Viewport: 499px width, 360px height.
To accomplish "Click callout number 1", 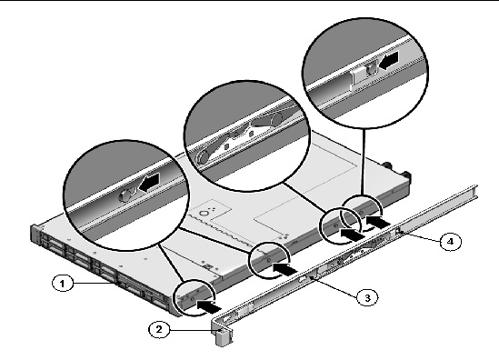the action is tap(63, 283).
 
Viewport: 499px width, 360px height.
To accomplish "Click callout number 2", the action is tap(159, 329).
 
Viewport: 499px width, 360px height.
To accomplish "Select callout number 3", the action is tap(367, 297).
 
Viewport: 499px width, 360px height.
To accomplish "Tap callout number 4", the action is tap(451, 242).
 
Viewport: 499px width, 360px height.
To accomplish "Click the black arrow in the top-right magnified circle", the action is tap(388, 61).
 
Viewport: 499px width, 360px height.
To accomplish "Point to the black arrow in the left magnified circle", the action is tap(149, 184).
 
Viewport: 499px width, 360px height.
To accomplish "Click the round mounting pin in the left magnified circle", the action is tap(125, 195).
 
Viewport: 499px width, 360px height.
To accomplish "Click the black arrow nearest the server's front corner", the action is tap(208, 306).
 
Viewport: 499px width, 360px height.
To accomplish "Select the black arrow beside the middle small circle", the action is tap(284, 269).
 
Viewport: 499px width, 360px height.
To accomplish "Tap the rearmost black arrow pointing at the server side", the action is tap(378, 221).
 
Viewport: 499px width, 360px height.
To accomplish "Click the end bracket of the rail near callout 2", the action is tap(222, 333).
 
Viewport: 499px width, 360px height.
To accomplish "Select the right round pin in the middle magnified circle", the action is tap(276, 119).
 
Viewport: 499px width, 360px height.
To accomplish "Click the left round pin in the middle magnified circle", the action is tap(203, 156).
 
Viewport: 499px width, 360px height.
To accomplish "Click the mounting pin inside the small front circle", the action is tap(192, 299).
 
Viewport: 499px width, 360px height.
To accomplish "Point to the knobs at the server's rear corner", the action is tap(397, 169).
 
